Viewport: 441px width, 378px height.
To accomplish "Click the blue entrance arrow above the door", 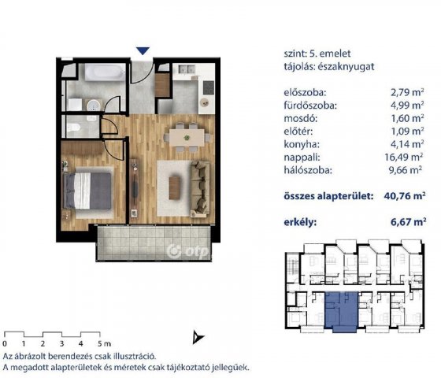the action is click(x=143, y=51).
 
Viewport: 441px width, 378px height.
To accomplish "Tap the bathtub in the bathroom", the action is click(x=105, y=72).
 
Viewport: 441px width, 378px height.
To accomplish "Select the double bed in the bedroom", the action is click(x=87, y=191).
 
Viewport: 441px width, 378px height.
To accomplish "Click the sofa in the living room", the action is click(x=200, y=189).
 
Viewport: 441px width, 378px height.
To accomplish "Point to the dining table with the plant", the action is click(x=187, y=138).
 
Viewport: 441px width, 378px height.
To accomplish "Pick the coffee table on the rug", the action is click(x=174, y=187).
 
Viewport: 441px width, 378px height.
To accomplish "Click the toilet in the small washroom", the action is click(x=74, y=128).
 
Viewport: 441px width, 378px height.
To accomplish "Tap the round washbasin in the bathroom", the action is click(x=94, y=106).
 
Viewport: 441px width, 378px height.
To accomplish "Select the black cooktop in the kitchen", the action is click(x=209, y=87).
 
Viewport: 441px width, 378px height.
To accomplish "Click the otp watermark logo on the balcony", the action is click(x=188, y=251).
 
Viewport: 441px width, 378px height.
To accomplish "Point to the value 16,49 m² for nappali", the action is click(x=403, y=157).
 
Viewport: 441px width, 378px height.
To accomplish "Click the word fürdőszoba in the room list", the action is click(x=310, y=106).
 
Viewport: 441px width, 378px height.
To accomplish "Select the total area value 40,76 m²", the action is click(x=405, y=196).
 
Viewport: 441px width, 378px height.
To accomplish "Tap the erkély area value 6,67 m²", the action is click(x=408, y=222).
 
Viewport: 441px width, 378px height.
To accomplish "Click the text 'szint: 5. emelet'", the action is click(x=317, y=54).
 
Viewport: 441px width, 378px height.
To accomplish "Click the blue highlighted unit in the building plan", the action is click(x=342, y=312).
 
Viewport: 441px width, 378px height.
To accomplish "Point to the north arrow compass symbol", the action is click(x=198, y=337).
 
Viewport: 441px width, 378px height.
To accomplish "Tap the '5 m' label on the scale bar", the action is click(x=104, y=343).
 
